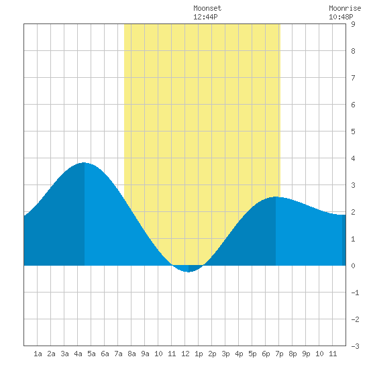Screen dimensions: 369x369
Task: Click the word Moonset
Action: pyautogui.click(x=207, y=8)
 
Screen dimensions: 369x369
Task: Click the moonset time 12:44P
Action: pyautogui.click(x=205, y=17)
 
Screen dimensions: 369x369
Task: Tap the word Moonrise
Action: pyautogui.click(x=345, y=8)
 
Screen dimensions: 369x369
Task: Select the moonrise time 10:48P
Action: pyautogui.click(x=341, y=17)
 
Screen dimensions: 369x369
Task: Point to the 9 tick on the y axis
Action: pyautogui.click(x=353, y=24)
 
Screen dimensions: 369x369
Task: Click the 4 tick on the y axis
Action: pyautogui.click(x=353, y=158)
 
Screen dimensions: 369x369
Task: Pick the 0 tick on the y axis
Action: pyautogui.click(x=353, y=266)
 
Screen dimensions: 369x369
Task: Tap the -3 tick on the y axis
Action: pyautogui.click(x=355, y=346)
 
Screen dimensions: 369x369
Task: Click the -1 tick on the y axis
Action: pyautogui.click(x=355, y=293)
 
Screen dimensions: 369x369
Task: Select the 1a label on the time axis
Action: pyautogui.click(x=38, y=354)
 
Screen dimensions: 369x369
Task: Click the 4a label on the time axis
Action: pyautogui.click(x=78, y=354)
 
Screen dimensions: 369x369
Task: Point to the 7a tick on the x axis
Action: pyautogui.click(x=118, y=354)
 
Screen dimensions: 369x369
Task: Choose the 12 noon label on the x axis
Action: pyautogui.click(x=185, y=354)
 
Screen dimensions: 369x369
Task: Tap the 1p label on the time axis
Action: pyautogui.click(x=199, y=354)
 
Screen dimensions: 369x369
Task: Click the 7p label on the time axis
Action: pyautogui.click(x=279, y=354)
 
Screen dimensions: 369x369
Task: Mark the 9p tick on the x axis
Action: pyautogui.click(x=306, y=354)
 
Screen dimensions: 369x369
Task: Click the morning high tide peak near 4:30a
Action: pyautogui.click(x=84, y=162)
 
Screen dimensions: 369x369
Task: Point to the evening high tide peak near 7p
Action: pyautogui.click(x=276, y=197)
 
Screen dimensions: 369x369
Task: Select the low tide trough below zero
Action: pyautogui.click(x=189, y=272)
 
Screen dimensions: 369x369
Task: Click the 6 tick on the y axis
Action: pyautogui.click(x=353, y=105)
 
